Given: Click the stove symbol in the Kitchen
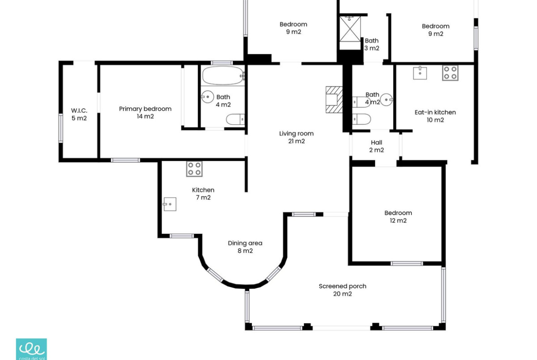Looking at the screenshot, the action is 194,169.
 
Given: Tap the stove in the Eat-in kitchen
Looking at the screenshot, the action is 450,73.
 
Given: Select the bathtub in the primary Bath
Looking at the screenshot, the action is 223,76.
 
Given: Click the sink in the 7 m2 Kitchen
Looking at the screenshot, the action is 169,204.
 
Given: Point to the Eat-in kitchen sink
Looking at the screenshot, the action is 420,73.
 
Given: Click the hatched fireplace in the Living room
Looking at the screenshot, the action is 334,100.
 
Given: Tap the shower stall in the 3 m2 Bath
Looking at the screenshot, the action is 350,29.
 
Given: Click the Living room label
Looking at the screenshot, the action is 296,133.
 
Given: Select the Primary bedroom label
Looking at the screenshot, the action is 145,109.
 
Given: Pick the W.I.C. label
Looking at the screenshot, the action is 79,111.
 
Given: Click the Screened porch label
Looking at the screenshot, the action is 342,286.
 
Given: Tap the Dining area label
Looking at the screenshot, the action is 245,243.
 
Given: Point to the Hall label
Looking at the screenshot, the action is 376,142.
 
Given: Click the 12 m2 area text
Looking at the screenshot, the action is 398,221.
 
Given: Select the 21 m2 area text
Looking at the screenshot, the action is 296,141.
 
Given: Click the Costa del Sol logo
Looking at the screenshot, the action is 32,349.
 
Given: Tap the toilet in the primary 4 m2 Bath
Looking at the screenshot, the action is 235,119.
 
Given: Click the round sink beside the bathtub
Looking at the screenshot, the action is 207,97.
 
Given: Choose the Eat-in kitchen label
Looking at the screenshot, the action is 435,112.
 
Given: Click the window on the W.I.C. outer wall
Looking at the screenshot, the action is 61,128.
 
